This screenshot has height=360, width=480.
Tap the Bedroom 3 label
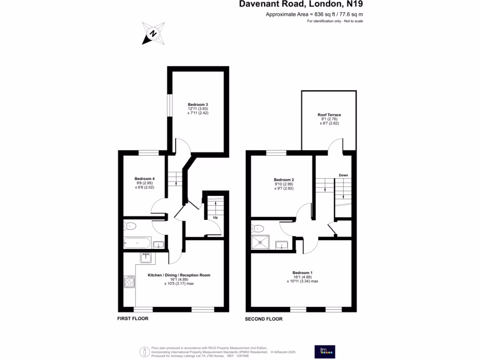[198, 104]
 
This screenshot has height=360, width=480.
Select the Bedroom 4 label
[144, 179]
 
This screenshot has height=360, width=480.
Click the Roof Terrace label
[329, 115]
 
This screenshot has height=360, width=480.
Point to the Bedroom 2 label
[284, 180]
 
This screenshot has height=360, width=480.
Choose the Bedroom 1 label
[302, 273]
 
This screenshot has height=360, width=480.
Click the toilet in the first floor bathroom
[130, 226]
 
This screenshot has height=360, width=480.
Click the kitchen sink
[145, 257]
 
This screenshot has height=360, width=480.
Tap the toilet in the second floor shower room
[257, 228]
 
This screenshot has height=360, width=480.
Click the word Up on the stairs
[215, 217]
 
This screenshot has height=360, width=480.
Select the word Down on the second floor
[343, 175]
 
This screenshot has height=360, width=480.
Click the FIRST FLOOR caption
[133, 319]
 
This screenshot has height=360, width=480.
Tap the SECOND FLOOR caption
[264, 319]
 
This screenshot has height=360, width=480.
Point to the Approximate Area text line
[315, 15]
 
